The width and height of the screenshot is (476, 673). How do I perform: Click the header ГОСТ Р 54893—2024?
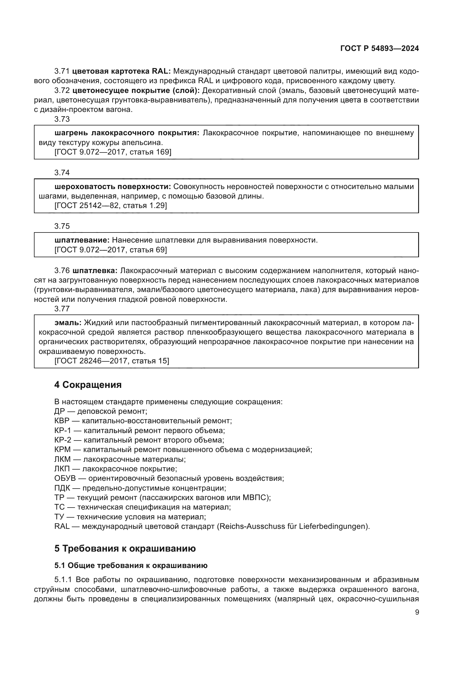[379, 49]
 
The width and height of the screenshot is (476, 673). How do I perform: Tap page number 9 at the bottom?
[417, 612]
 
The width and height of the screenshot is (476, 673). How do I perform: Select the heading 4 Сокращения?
[88, 385]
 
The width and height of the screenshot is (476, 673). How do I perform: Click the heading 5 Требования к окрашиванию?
[125, 548]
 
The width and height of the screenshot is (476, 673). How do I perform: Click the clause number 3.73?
[62, 119]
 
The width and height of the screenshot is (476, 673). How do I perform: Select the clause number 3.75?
[62, 226]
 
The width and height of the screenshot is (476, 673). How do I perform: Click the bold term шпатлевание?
[82, 240]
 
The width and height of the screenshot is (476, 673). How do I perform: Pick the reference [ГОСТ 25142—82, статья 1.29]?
[111, 205]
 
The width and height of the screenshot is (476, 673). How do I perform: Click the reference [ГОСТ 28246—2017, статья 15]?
[112, 361]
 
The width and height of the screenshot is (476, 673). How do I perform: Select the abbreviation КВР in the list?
[62, 421]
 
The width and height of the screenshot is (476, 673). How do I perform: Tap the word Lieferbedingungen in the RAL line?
[333, 527]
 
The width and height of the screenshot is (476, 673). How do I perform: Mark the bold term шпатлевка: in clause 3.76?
[95, 270]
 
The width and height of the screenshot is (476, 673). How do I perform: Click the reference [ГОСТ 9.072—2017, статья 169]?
[113, 152]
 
